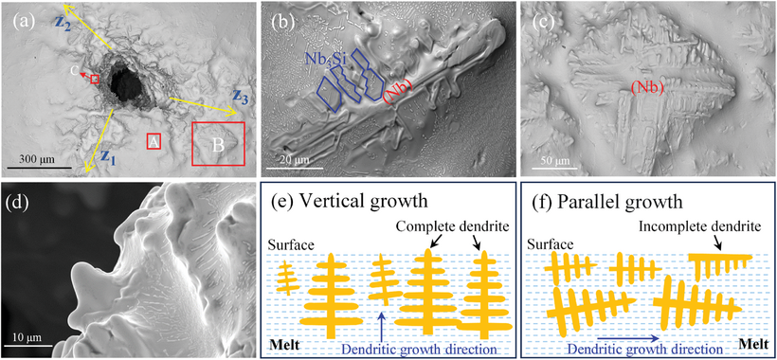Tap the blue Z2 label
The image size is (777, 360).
coord(63,25)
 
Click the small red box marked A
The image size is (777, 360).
coord(154,141)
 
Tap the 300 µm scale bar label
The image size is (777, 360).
coord(37,158)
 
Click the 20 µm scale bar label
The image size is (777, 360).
coord(288,160)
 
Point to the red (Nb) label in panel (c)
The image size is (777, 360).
coord(646,87)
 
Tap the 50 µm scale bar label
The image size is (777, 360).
coord(549,160)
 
